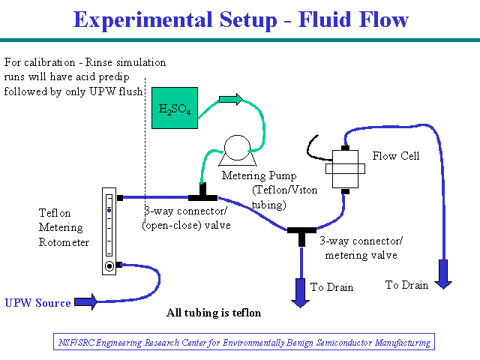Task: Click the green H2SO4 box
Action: point(175,108)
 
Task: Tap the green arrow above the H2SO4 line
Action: point(231,99)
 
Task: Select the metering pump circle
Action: point(237,148)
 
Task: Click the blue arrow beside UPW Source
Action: point(85,301)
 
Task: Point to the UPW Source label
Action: point(37,303)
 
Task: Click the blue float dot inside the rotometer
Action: point(109,211)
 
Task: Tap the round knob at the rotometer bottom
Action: point(109,266)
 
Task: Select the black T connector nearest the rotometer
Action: point(202,193)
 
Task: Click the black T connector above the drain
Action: point(301,235)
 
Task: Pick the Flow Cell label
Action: point(396,156)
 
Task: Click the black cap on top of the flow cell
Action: point(345,148)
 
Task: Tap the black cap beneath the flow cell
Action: point(345,192)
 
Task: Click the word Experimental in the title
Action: point(143,20)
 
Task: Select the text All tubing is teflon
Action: point(214,313)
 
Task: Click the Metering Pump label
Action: point(259,175)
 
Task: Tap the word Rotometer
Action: point(64,242)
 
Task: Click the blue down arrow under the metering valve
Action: point(300,292)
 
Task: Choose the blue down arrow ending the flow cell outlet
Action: point(443,274)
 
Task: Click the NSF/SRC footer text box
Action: point(244,342)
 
